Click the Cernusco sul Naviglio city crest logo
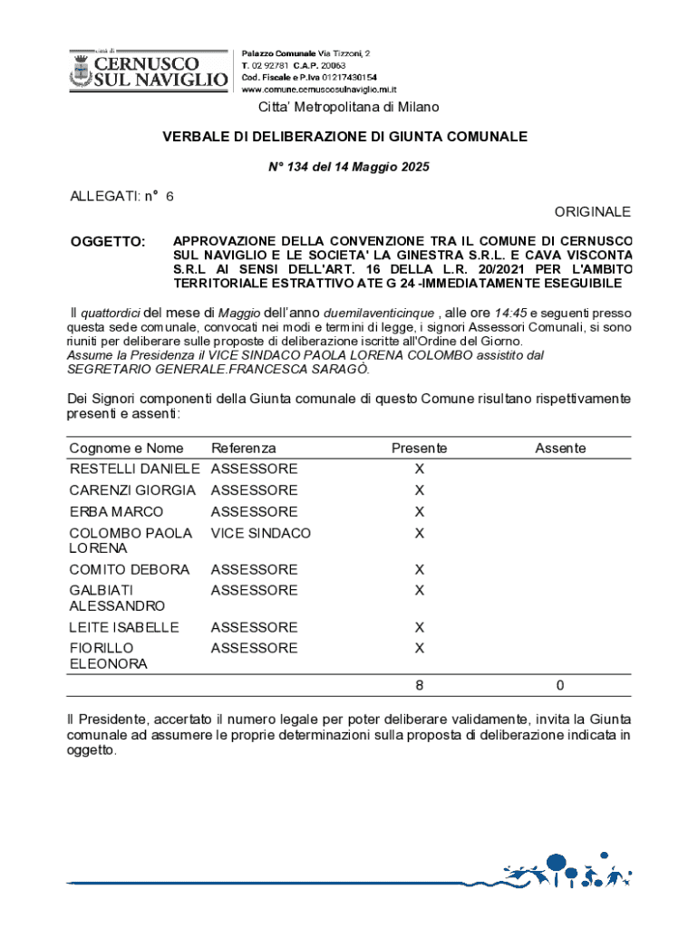[x=80, y=69]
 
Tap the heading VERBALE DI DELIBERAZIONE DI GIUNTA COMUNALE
[x=344, y=137]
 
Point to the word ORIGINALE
[x=592, y=211]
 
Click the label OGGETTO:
[x=108, y=242]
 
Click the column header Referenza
[x=243, y=449]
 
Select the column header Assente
[x=560, y=449]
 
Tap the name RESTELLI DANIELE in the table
[x=134, y=469]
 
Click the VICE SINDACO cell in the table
[x=260, y=534]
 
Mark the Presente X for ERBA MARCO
[x=419, y=512]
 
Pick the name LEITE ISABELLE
[x=124, y=627]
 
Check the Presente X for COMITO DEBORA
[x=419, y=570]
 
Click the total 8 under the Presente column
[x=419, y=686]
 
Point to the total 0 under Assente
[x=560, y=686]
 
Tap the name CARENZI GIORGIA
[x=132, y=490]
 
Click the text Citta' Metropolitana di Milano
[x=349, y=108]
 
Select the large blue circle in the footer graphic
[x=556, y=864]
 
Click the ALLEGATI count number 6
[x=170, y=196]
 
